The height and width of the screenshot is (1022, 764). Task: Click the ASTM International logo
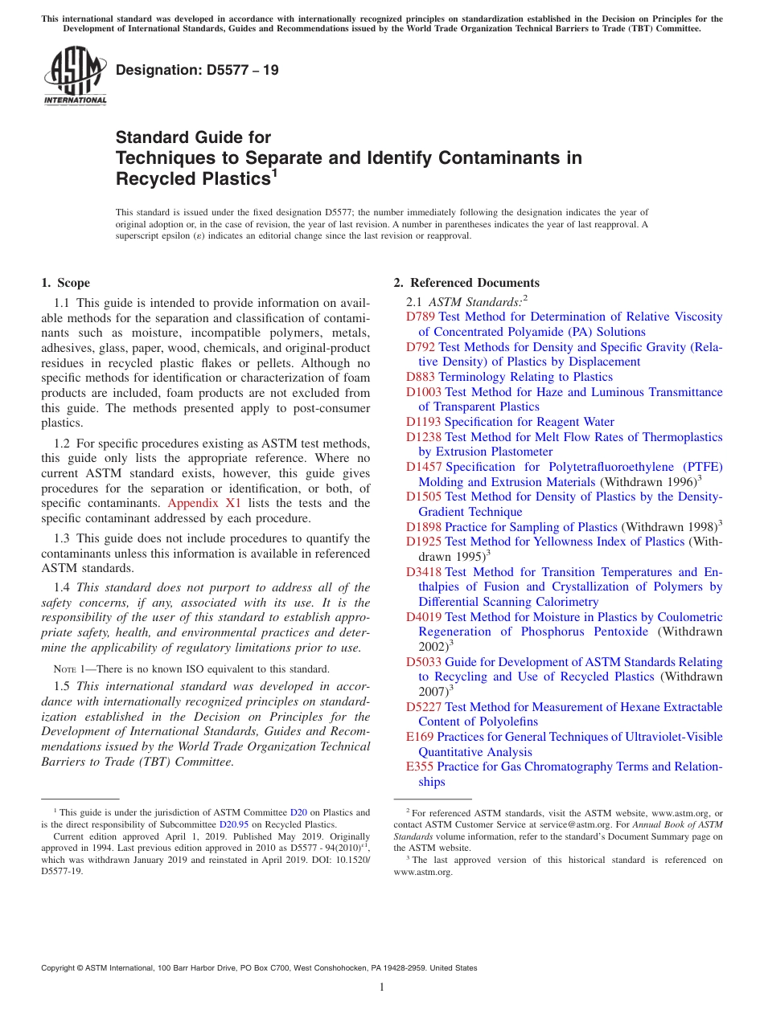coord(75,76)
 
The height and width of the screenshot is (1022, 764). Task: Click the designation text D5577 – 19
coord(197,70)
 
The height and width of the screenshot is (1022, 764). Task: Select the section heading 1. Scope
coord(66,283)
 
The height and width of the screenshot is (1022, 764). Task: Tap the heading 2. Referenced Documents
coord(466,283)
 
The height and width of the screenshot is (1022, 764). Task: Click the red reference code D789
coord(421,317)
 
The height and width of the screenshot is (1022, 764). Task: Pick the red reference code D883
coord(421,377)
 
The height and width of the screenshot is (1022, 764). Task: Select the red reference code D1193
coord(424,422)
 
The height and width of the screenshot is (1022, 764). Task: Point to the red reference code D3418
coord(424,572)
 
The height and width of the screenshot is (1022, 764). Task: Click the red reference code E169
coord(420,737)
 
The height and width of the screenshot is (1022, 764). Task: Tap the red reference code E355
coord(420,766)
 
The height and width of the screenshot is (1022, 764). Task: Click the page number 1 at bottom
coord(382,987)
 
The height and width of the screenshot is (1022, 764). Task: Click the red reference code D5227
coord(424,707)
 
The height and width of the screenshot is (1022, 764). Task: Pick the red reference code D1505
coord(424,497)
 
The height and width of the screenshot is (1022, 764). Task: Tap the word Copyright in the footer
coord(61,968)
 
